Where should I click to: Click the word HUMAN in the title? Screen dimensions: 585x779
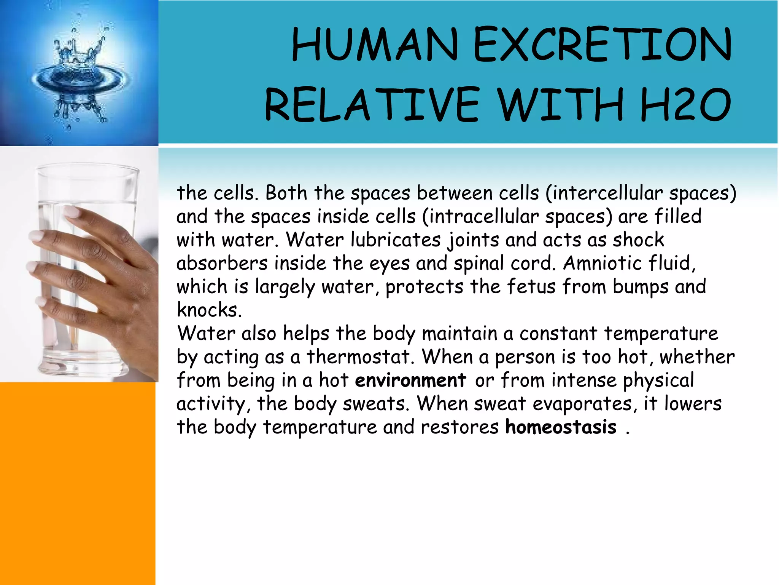tap(375, 45)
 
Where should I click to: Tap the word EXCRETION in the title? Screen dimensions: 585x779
tap(602, 45)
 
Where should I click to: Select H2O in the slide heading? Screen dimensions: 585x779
tap(685, 104)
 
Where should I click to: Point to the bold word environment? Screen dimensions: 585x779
tap(410, 380)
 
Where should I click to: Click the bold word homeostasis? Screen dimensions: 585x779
tap(561, 427)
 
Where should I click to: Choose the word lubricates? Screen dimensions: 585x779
tap(395, 240)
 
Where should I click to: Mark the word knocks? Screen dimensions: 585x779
tap(209, 310)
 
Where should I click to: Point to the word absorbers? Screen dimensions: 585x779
tap(222, 263)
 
